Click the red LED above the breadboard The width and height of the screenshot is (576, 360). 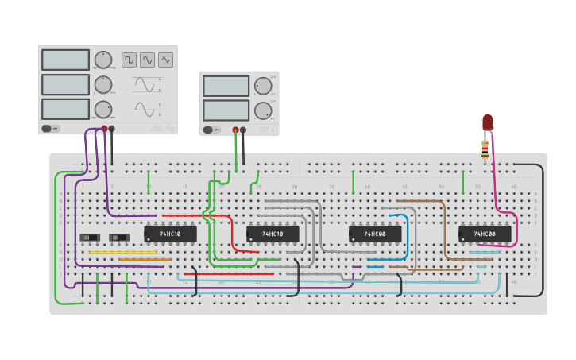pyautogui.click(x=488, y=122)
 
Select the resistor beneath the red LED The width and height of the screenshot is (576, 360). pyautogui.click(x=485, y=149)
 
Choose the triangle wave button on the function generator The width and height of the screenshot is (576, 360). pyautogui.click(x=165, y=60)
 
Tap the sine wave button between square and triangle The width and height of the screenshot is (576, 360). pyautogui.click(x=147, y=60)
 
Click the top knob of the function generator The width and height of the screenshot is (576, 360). pyautogui.click(x=103, y=60)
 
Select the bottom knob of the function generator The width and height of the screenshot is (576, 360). pyautogui.click(x=103, y=110)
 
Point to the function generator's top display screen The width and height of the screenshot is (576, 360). pyautogui.click(x=65, y=60)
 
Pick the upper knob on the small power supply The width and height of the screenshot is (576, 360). pyautogui.click(x=262, y=86)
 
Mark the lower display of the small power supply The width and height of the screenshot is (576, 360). pyautogui.click(x=226, y=110)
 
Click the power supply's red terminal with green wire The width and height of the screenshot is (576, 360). pyautogui.click(x=235, y=130)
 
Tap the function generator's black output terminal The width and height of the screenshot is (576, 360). pyautogui.click(x=111, y=128)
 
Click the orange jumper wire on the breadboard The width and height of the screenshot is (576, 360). pyautogui.click(x=145, y=259)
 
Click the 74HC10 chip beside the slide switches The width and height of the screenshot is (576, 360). pyautogui.click(x=170, y=234)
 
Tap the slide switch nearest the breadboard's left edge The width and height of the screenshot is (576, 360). pyautogui.click(x=90, y=238)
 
